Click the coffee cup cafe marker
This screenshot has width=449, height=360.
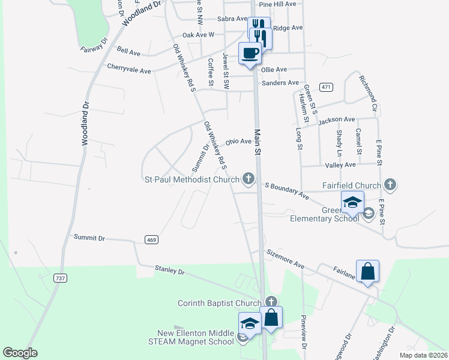coord(250,53)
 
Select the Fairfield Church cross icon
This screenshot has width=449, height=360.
coord(391,185)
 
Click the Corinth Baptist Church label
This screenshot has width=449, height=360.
coord(220,303)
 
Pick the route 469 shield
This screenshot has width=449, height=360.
coord(152,239)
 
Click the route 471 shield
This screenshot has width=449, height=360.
coord(326,87)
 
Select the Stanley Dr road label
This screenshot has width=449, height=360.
coord(169,271)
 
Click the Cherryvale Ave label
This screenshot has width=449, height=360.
coord(129,70)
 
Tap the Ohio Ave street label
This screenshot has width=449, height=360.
coord(238,142)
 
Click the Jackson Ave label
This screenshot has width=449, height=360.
coord(337,121)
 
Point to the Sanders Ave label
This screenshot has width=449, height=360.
coord(280,83)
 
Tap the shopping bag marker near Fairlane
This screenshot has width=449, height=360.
coord(367,272)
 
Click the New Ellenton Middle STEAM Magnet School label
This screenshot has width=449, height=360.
coord(196,337)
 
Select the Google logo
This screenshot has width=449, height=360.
coord(20,352)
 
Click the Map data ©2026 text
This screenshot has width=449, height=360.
coord(423,355)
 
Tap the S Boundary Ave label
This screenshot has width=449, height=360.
coord(287,191)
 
